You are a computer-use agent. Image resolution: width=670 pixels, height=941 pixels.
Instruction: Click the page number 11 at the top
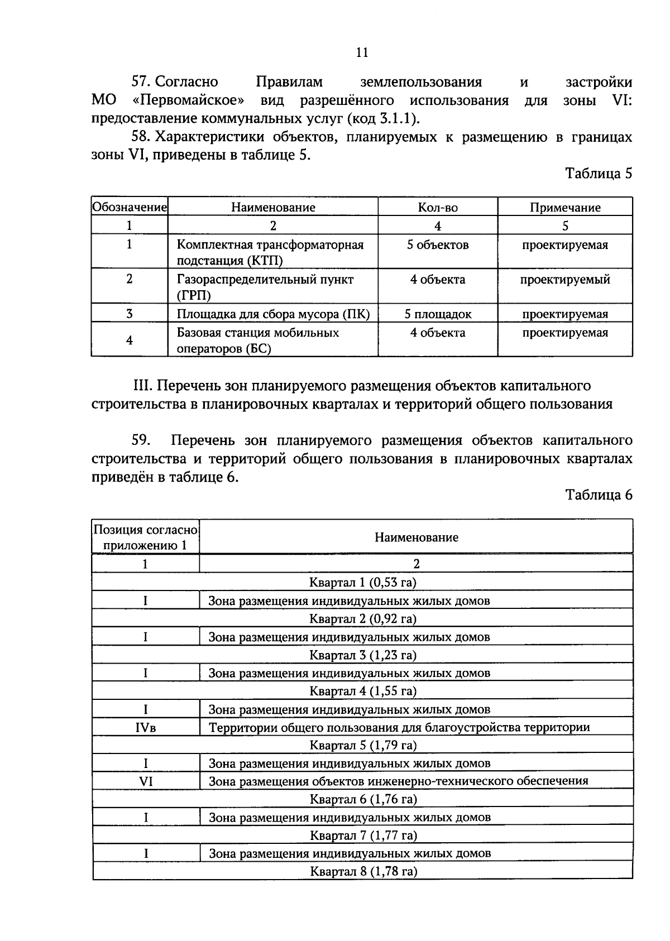[x=361, y=52]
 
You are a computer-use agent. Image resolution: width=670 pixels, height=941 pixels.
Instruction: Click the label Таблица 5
[x=599, y=174]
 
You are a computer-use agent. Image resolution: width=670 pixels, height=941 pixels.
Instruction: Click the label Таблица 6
[x=599, y=495]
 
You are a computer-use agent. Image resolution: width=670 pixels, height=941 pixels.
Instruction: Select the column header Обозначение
[x=130, y=208]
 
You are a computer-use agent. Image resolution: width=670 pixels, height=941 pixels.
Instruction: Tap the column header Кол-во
[x=438, y=208]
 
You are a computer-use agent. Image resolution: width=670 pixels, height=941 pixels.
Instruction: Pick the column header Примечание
[x=565, y=208]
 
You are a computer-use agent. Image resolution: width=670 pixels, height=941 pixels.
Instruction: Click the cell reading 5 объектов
[x=438, y=245]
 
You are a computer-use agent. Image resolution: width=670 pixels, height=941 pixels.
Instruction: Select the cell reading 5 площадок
[x=438, y=314]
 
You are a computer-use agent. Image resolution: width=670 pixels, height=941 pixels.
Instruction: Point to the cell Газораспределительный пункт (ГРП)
[x=265, y=287]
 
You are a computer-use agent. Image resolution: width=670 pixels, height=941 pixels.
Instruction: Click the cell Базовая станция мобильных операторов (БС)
[x=258, y=340]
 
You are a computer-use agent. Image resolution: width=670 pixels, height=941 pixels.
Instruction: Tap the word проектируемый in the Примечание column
[x=565, y=280]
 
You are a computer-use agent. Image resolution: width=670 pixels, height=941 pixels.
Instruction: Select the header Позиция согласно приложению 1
[x=145, y=537]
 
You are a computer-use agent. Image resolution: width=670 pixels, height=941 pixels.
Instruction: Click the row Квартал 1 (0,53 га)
[x=363, y=583]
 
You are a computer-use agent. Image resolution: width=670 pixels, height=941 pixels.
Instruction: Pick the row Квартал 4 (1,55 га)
[x=363, y=691]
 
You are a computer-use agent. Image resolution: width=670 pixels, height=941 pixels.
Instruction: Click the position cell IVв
[x=145, y=727]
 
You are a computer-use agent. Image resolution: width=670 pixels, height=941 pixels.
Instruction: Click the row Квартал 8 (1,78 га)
[x=363, y=871]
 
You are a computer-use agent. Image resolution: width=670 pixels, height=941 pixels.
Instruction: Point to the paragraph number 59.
[x=141, y=440]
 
